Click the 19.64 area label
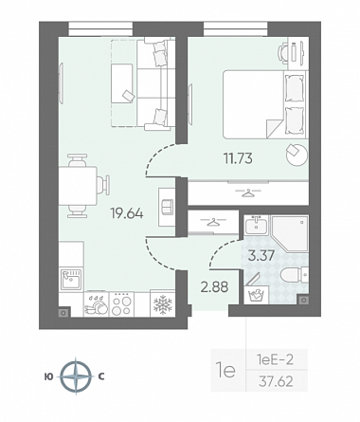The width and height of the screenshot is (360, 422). coord(127,213)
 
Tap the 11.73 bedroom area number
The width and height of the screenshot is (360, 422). coord(238,158)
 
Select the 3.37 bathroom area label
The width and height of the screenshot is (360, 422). coord(261,255)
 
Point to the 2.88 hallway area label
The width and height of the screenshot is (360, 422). coord(214,287)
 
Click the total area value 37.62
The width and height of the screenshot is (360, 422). coord(276,381)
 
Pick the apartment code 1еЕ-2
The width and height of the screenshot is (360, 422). coord(276,359)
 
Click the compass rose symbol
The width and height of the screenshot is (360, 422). coord(76,376)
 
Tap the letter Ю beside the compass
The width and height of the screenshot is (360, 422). coord(49,376)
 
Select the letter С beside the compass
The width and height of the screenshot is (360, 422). coord(101,376)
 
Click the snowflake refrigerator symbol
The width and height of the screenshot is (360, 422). coord(163,305)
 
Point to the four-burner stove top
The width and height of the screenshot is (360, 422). coord(121,304)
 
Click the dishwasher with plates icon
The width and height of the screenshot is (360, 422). coord(96,304)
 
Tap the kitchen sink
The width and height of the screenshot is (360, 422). coord(71,279)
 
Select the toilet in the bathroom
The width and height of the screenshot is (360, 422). coord(295,275)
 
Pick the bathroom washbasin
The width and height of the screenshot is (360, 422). coord(256,225)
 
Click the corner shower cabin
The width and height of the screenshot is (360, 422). coord(290,233)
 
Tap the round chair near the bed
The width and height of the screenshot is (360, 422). coord(297,154)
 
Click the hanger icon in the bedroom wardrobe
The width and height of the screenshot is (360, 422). coord(248,193)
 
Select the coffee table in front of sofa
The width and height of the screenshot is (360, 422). coord(122,83)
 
